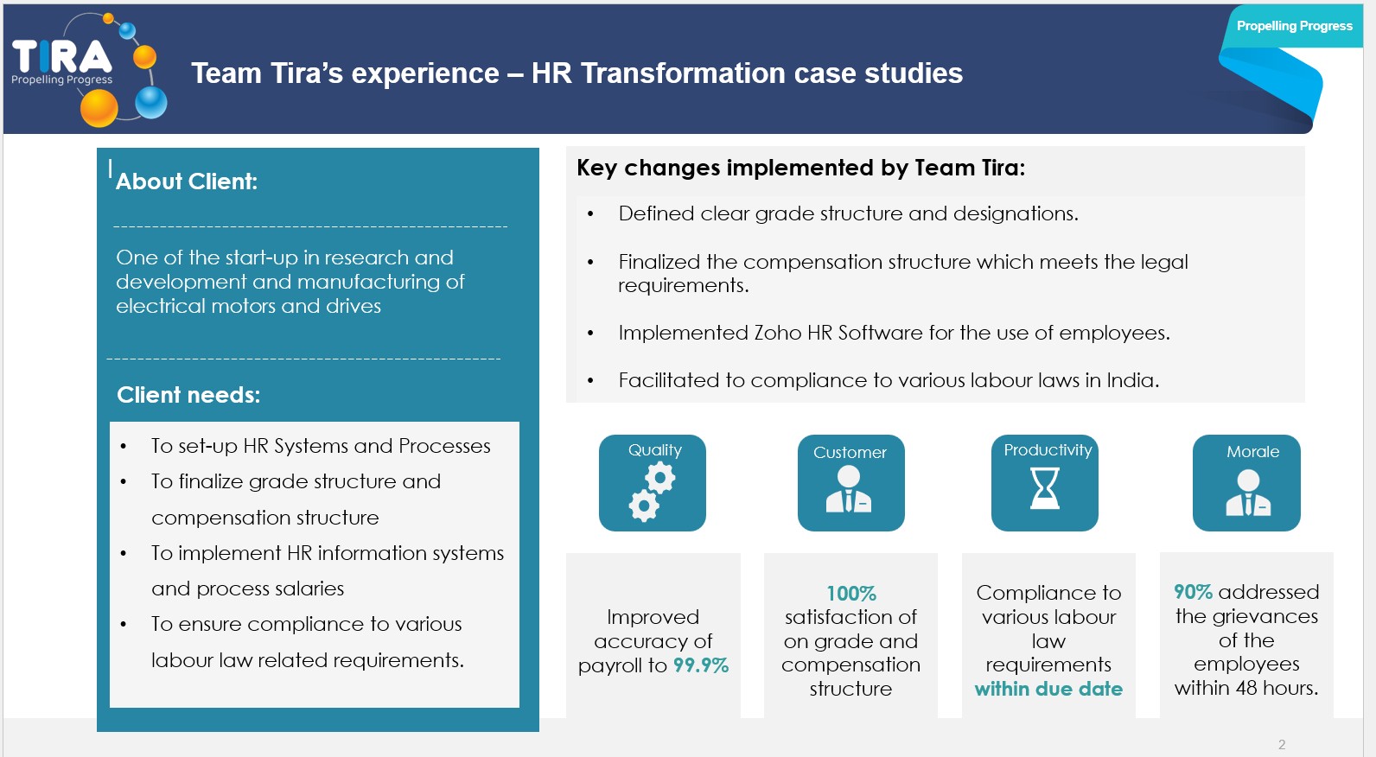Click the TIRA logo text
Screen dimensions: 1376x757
[x=62, y=56]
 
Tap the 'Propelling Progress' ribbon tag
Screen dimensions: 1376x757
[x=1294, y=26]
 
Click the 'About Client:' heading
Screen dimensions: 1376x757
[x=186, y=181]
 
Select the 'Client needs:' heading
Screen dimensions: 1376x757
[x=188, y=395]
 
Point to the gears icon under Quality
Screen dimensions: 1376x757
[x=652, y=493]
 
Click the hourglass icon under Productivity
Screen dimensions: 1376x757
[x=1044, y=488]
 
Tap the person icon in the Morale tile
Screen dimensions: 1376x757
[x=1248, y=493]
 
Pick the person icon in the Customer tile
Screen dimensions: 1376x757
[x=848, y=489]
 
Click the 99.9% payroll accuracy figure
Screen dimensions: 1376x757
[x=701, y=665]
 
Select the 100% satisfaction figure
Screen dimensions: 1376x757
[x=850, y=594]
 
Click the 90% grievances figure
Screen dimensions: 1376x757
[x=1193, y=592]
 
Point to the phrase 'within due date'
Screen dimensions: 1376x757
[x=1048, y=689]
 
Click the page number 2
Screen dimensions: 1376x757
[x=1282, y=745]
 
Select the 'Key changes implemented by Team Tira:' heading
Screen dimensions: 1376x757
[x=801, y=168]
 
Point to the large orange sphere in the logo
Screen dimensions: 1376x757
[x=99, y=109]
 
